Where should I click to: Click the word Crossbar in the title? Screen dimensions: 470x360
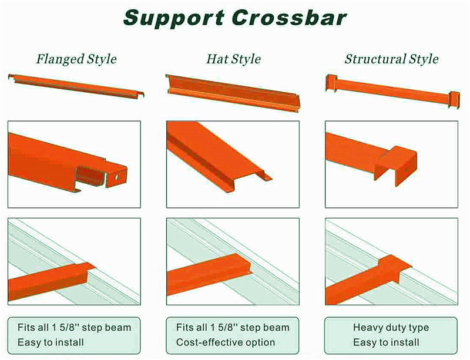point(289,18)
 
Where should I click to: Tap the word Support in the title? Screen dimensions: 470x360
point(174,19)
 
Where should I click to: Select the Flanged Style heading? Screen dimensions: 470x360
point(76,59)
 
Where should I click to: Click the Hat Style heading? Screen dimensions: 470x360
point(233,59)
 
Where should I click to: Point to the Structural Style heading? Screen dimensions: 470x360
point(391,59)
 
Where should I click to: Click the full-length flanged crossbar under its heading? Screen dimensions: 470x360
point(76,86)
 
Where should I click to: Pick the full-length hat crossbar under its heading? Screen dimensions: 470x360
point(233,93)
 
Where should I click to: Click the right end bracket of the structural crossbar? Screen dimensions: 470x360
point(454,99)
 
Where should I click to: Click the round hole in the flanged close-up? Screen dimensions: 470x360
point(116,177)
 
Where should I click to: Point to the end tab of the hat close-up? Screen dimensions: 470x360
point(265,176)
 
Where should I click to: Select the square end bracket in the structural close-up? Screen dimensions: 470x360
point(395,165)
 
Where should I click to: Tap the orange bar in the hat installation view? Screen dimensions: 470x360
point(209,274)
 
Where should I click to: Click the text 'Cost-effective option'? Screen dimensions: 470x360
point(226,342)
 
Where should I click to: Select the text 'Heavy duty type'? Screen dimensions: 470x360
point(391,327)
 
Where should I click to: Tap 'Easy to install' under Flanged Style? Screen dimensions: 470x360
point(51,342)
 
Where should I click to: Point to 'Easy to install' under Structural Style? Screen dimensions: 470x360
point(386,342)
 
